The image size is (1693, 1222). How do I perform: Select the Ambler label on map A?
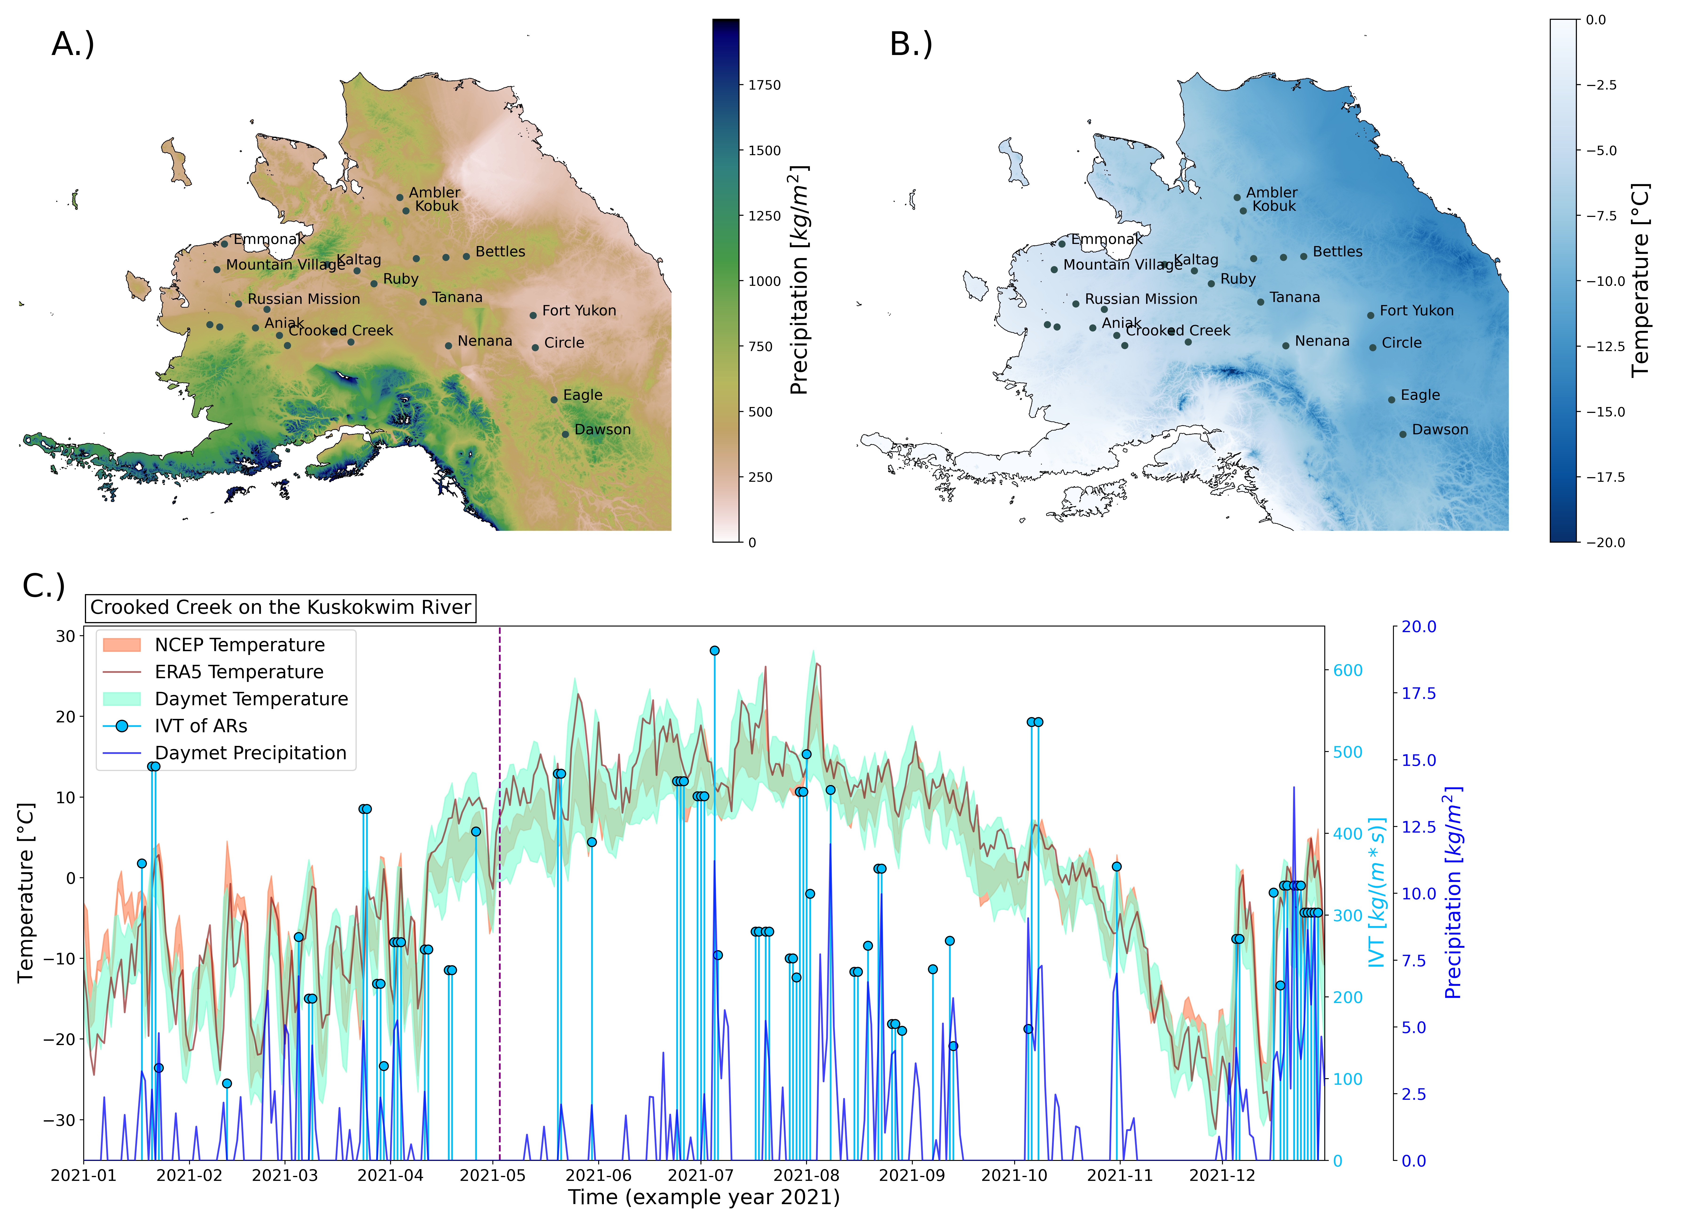(435, 192)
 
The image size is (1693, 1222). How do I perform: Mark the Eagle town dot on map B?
(1391, 400)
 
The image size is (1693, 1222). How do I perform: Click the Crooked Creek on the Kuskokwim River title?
(281, 607)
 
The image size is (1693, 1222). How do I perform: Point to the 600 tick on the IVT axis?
(1347, 670)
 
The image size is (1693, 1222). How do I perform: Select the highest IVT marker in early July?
(714, 650)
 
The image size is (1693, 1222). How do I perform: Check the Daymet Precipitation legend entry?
(250, 753)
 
